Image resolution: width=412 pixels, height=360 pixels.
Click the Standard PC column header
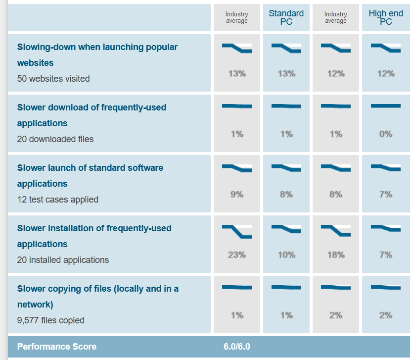pos(286,17)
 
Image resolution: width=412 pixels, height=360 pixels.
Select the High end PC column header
pos(386,17)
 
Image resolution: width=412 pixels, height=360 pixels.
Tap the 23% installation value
pos(237,255)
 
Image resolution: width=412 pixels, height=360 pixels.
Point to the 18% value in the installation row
pos(336,255)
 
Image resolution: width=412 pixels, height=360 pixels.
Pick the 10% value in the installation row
pos(286,255)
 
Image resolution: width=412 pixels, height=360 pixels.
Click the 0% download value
pos(386,134)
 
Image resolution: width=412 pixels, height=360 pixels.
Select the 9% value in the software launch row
pos(237,195)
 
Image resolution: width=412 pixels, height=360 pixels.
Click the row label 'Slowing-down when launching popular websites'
pos(97,55)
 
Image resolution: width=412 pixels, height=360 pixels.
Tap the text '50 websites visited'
pos(53,79)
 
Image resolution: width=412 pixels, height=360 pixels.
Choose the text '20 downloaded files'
pos(55,139)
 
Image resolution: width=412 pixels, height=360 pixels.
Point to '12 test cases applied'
pos(58,200)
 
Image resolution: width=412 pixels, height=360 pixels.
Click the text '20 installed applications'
pos(63,260)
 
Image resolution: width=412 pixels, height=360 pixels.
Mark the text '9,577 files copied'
pos(50,320)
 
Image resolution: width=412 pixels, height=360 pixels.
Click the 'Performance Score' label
pos(57,347)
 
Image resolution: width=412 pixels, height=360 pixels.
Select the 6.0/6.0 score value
pos(237,347)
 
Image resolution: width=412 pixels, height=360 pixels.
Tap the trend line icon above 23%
pos(237,231)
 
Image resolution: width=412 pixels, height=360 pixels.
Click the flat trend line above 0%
pos(386,106)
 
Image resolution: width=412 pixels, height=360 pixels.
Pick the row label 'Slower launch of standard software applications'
pos(90,176)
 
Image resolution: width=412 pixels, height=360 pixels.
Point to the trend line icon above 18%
pos(336,230)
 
